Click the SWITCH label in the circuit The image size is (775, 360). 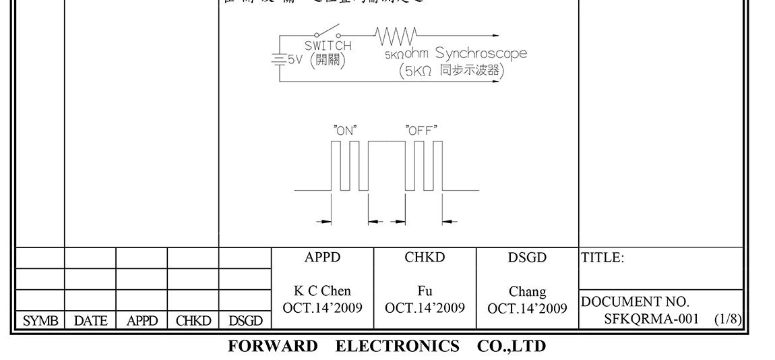coord(328,46)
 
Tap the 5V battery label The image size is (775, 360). coord(294,59)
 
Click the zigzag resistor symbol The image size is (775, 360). coord(396,34)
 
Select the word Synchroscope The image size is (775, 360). coord(480,53)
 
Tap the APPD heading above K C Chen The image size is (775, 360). coord(322,258)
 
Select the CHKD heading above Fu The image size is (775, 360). coord(425,258)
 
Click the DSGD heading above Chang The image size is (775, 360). coord(527,258)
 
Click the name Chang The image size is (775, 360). coord(527,292)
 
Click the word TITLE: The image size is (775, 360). coord(602,258)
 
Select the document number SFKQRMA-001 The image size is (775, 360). coord(651,318)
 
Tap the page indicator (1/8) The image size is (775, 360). coord(728,318)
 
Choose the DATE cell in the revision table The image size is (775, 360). coord(90,322)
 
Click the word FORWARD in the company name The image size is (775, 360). coord(272,347)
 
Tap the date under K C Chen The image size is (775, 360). coord(322,308)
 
